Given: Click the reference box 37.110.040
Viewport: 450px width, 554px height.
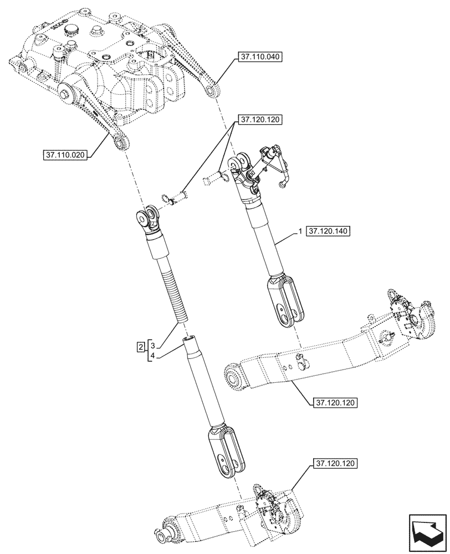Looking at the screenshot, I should tap(261, 57).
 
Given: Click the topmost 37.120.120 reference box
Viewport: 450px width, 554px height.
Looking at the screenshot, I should tap(261, 119).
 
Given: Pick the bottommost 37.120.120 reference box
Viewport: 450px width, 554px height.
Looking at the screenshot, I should tap(337, 463).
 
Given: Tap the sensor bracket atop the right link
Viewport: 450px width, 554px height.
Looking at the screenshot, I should tap(272, 165).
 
